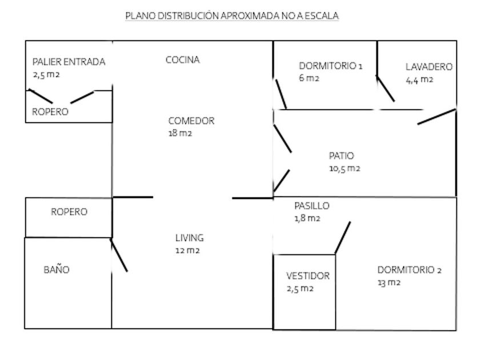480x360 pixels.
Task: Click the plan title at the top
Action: pos(232,16)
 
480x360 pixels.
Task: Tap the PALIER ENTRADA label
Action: pos(69,62)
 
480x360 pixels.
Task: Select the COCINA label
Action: pos(182,59)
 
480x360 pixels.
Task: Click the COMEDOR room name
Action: pos(191,121)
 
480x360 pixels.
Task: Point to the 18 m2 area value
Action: pos(180,134)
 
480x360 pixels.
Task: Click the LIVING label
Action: pos(189,238)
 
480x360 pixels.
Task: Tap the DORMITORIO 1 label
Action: pos(330,66)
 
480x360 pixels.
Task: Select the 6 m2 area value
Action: pos(309,78)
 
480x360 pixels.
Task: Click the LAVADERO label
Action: pos(429,67)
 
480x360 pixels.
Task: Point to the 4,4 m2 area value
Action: pos(419,79)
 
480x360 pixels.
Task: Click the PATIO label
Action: pos(341,155)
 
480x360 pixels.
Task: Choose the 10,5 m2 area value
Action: pos(344,169)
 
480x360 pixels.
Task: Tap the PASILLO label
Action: pos(311,206)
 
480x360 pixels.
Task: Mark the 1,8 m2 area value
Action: pos(306,218)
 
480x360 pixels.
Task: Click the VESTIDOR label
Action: pos(307,277)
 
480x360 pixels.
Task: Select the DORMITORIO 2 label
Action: pos(409,271)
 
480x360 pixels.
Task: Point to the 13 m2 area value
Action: pos(389,283)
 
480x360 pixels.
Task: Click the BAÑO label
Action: pos(57,270)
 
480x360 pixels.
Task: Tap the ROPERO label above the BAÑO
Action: pos(69,212)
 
